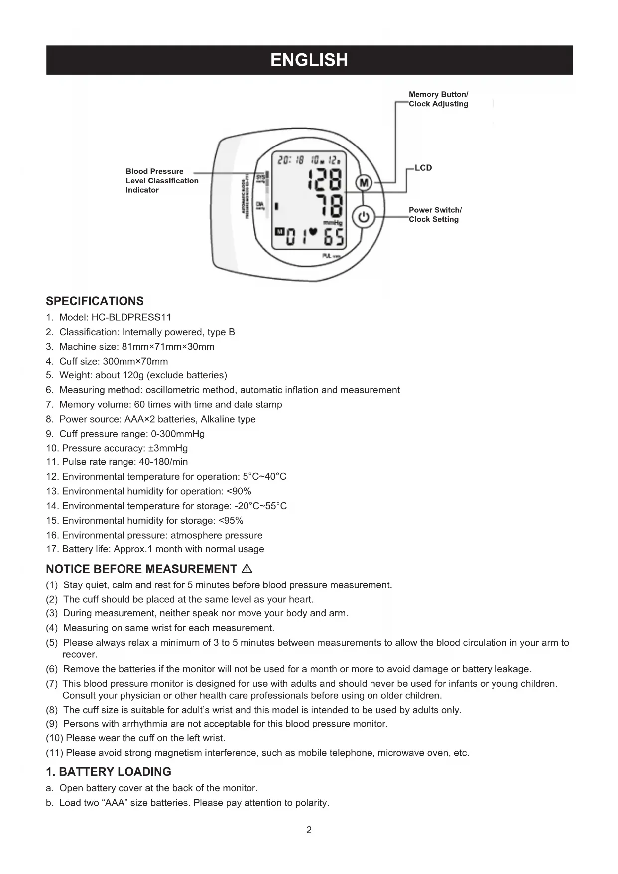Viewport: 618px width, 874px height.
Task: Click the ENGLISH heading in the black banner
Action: click(309, 60)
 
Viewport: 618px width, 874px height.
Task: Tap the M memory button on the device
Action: click(364, 183)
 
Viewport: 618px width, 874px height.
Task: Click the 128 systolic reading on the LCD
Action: click(325, 179)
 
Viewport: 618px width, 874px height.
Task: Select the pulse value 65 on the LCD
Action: click(334, 238)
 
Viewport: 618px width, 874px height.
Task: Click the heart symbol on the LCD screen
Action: click(313, 232)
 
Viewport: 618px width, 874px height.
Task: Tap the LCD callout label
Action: click(423, 168)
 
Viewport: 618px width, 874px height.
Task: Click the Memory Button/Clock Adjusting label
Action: click(438, 99)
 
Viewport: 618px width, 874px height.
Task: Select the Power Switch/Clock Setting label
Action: click(435, 215)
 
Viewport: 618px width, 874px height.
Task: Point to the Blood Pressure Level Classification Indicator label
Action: click(162, 180)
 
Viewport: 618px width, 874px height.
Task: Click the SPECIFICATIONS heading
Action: click(95, 301)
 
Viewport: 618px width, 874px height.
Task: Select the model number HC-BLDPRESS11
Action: click(131, 317)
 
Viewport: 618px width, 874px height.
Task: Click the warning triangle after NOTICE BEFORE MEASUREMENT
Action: click(247, 569)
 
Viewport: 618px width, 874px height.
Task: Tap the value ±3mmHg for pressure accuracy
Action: click(168, 448)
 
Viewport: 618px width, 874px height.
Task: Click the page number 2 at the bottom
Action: click(309, 830)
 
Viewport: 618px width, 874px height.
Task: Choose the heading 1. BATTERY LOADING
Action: click(109, 772)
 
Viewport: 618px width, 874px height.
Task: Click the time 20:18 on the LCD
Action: click(291, 160)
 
